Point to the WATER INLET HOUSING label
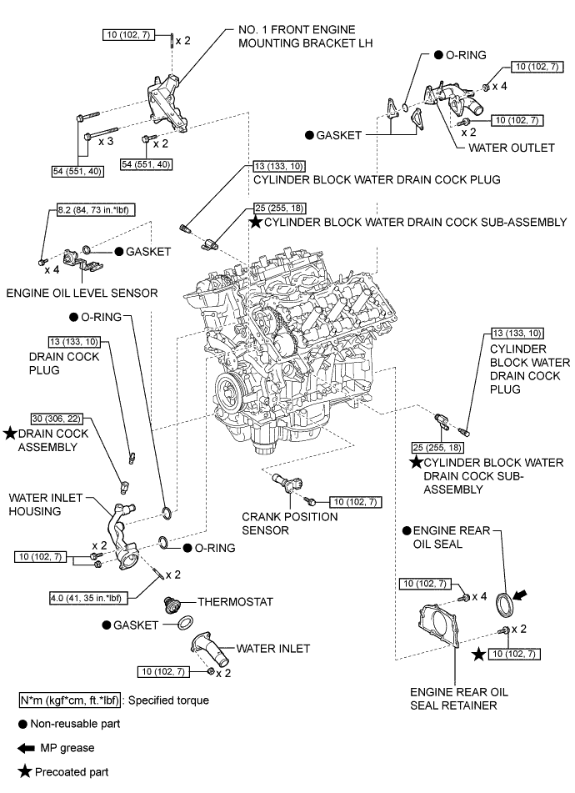pos(46,504)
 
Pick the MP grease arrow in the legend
pos(27,747)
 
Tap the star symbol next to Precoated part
pos(26,771)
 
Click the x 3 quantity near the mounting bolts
pos(106,141)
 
